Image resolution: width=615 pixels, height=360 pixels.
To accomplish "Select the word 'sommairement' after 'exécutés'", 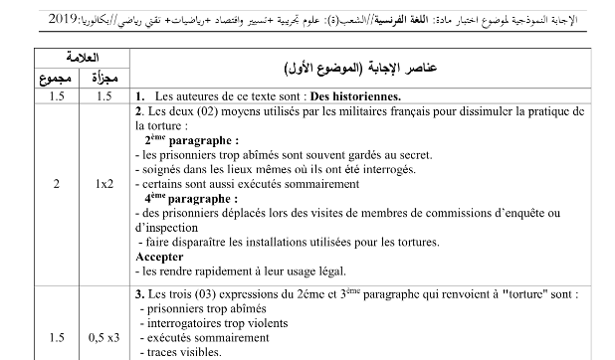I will point(234,337).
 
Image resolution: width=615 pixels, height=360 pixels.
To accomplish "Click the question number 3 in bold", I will point(139,294).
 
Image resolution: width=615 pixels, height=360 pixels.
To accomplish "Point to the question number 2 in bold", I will point(139,110).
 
